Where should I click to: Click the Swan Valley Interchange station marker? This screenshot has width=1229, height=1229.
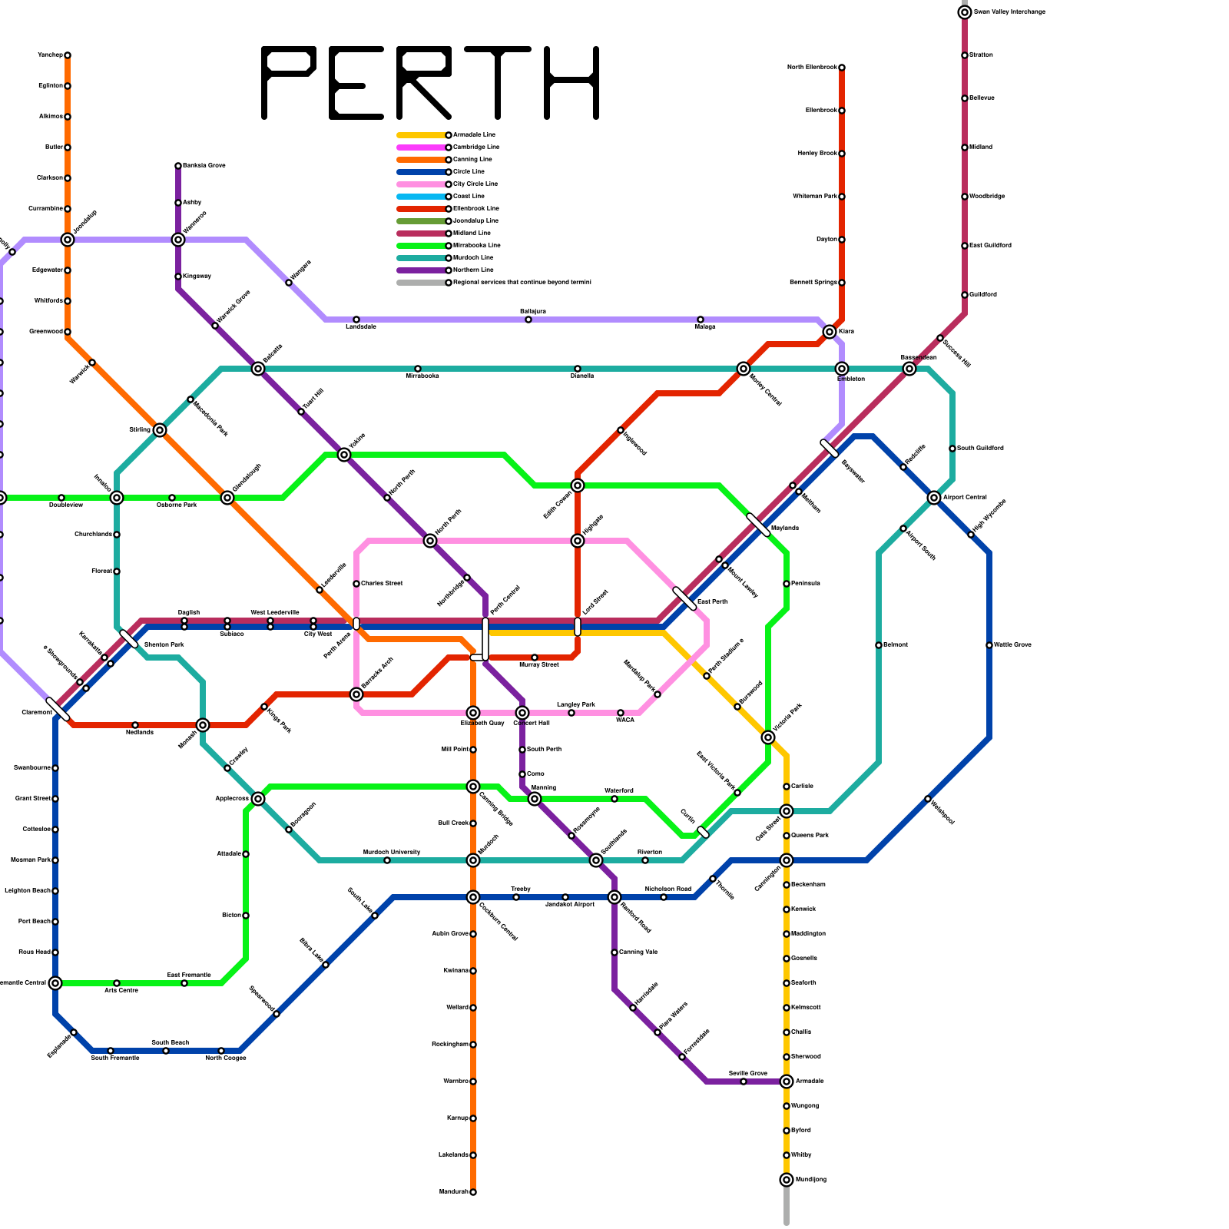(965, 12)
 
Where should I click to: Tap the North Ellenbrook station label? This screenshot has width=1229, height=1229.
(812, 68)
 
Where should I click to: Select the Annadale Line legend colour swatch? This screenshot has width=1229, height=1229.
(421, 135)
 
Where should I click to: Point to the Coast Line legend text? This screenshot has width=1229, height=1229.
(469, 197)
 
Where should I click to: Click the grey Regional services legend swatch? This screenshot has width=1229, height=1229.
(421, 283)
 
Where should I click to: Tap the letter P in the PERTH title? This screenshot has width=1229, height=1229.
(288, 83)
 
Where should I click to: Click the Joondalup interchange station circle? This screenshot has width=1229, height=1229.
(68, 240)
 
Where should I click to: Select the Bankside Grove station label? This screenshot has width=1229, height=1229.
(204, 166)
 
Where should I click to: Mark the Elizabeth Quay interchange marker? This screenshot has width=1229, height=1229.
(473, 713)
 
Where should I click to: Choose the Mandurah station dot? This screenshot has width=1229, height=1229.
(473, 1192)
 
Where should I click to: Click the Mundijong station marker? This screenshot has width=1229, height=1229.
(787, 1180)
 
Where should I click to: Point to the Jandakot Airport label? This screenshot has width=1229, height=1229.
(570, 905)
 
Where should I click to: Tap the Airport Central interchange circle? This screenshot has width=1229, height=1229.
(934, 498)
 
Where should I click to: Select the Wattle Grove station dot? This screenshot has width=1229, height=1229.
(989, 645)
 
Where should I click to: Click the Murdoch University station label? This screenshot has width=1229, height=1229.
(392, 852)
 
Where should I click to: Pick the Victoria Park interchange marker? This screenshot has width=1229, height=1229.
(768, 737)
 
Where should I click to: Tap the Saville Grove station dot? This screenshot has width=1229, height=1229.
(744, 1082)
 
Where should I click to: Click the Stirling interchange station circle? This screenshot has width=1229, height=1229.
(160, 430)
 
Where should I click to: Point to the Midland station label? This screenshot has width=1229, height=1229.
(981, 147)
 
